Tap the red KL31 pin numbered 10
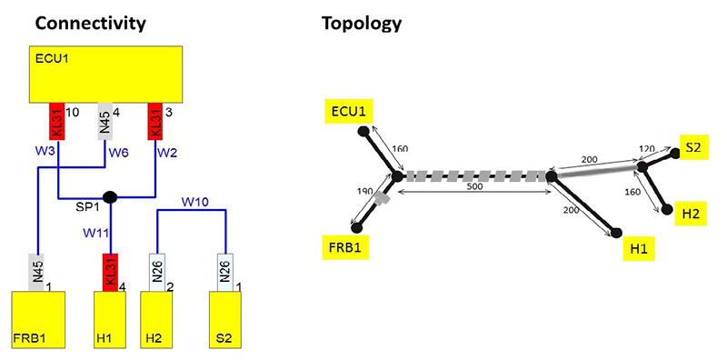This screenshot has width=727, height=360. tap(56, 120)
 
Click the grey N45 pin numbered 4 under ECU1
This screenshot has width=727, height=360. tap(104, 120)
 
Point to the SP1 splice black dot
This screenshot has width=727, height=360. tap(110, 196)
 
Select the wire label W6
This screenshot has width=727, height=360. tap(118, 153)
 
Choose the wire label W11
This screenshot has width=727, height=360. tap(95, 233)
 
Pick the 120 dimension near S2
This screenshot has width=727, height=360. tap(648, 148)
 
